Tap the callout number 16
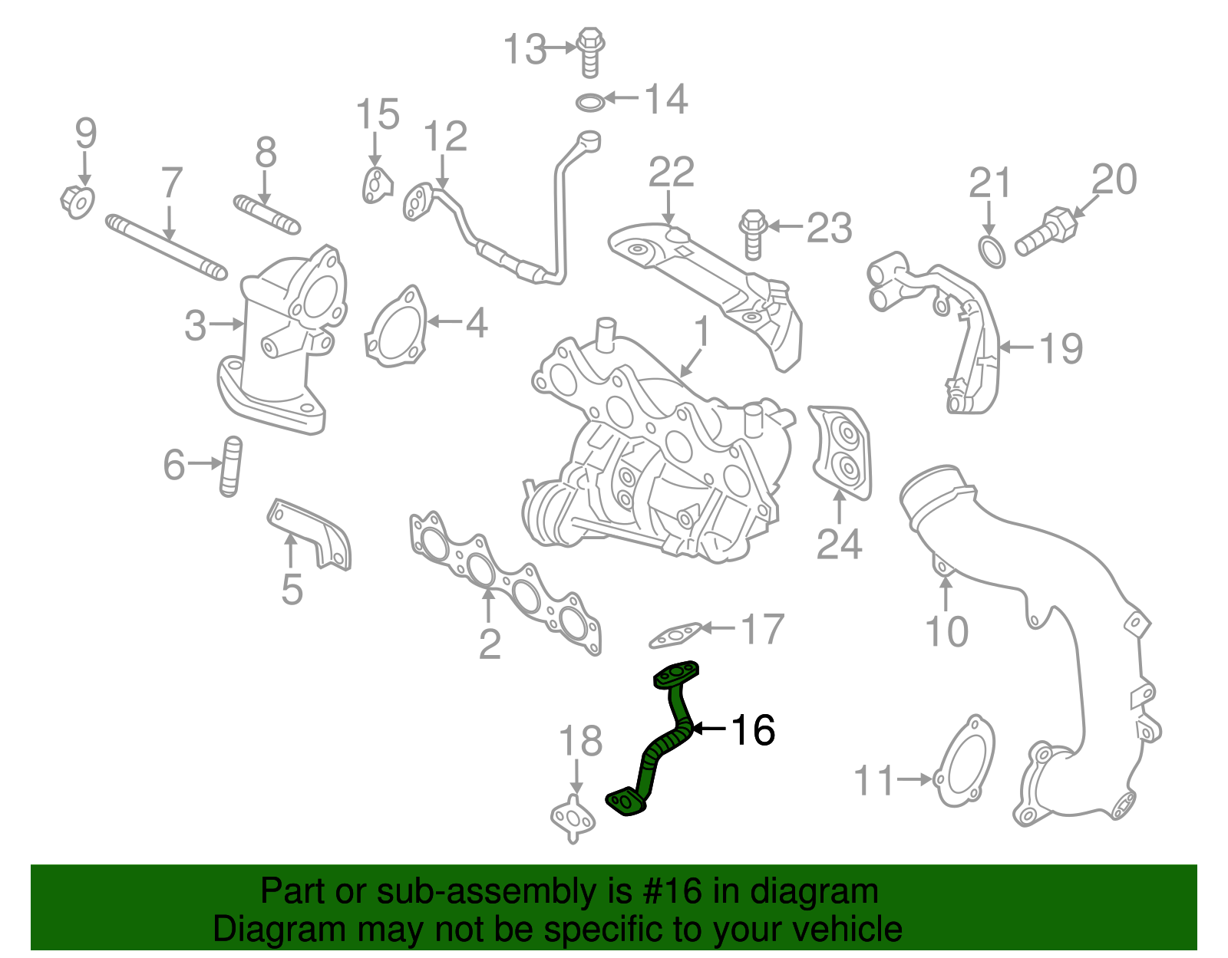[753, 730]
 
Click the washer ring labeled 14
[589, 102]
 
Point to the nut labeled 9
[78, 202]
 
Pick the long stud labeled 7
[166, 247]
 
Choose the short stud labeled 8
[266, 214]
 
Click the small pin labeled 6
[230, 466]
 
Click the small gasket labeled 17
[675, 634]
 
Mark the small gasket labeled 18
[573, 818]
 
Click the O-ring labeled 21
[991, 252]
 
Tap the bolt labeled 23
[752, 234]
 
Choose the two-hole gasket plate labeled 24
[841, 453]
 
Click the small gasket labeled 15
[376, 186]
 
